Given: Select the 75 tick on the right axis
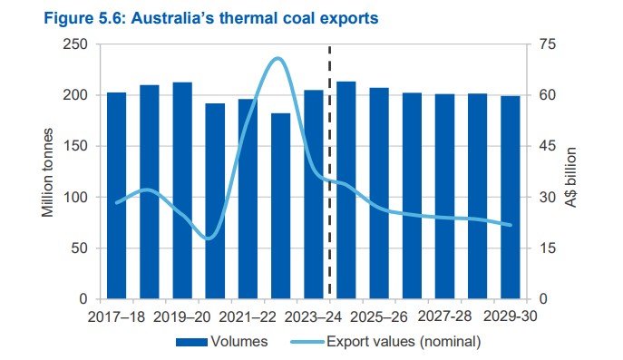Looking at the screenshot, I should tap(545, 44).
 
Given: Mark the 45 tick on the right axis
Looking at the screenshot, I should tap(545, 147).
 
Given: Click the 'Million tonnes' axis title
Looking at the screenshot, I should tap(46, 171).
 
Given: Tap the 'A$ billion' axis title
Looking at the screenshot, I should tap(572, 171).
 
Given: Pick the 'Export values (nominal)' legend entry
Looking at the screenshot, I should tap(385, 342).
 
